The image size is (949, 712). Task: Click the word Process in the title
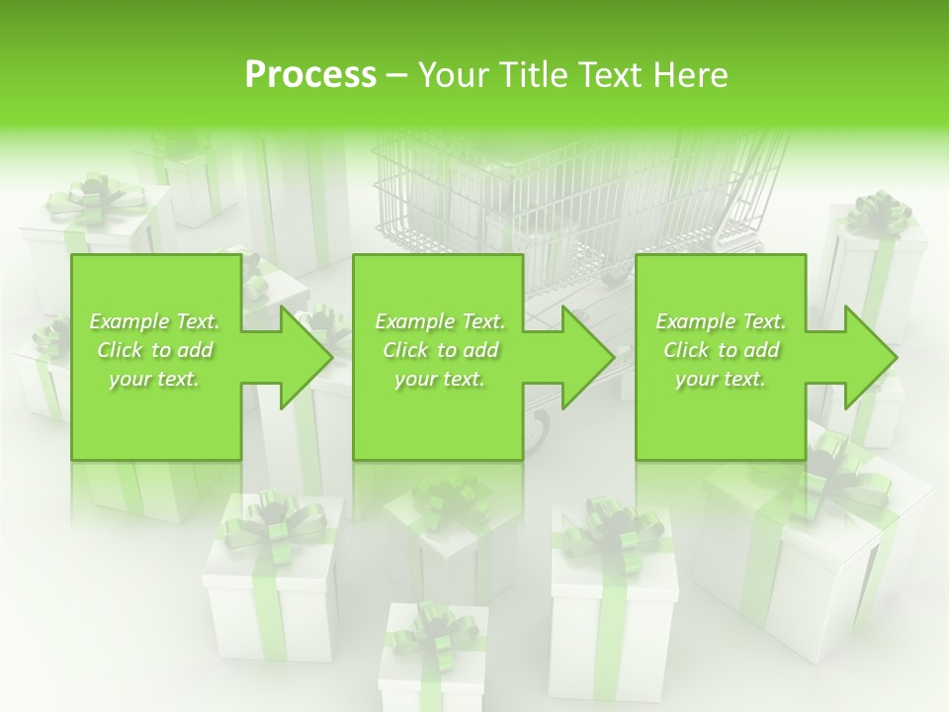coord(310,74)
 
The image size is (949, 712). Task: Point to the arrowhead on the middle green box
coord(586,357)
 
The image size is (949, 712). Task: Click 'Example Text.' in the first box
coord(155,321)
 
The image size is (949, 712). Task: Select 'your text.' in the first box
coord(155,379)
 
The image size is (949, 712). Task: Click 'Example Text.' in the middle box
coord(440,321)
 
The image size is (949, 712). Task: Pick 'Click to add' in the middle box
coord(440,350)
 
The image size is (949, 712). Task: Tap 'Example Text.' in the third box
coord(721,321)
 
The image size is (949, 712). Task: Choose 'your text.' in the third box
coord(721,379)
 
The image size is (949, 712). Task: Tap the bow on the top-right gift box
coord(879,211)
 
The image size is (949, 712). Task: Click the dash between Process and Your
coord(397,75)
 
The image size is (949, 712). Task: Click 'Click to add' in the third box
coord(721,350)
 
